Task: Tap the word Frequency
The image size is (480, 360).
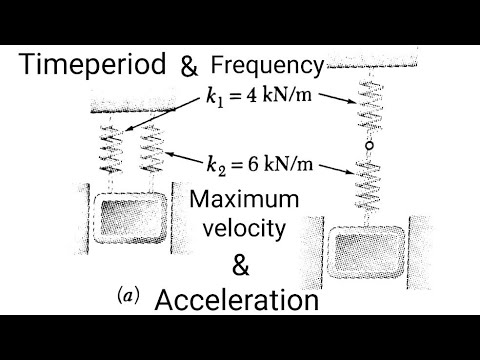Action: point(267,67)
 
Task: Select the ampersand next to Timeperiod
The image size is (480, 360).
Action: point(189,68)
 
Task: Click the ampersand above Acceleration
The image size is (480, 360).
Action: point(241,265)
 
